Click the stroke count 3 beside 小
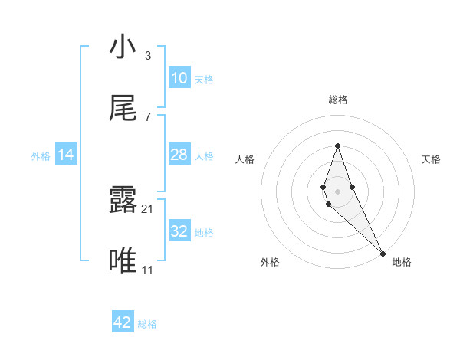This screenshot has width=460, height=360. [x=147, y=55]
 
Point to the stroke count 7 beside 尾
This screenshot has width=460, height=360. [x=147, y=116]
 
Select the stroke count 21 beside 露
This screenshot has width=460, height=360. [x=149, y=208]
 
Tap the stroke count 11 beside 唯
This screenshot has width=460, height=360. [x=148, y=270]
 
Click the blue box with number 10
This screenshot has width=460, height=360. [x=179, y=78]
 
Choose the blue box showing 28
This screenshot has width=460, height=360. [x=179, y=155]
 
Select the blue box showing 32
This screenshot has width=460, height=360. [x=179, y=231]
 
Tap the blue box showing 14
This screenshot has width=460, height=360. [x=66, y=155]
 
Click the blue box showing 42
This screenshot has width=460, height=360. [x=123, y=322]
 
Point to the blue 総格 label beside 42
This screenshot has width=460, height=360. [x=147, y=324]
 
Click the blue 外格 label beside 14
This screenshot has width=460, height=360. [x=41, y=156]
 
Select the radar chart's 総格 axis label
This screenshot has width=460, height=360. [x=337, y=100]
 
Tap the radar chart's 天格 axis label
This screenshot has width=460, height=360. [x=432, y=159]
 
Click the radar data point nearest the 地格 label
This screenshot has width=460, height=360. [x=383, y=253]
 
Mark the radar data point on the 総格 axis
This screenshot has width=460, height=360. [x=337, y=146]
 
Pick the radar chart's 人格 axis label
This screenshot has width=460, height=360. [x=245, y=159]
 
